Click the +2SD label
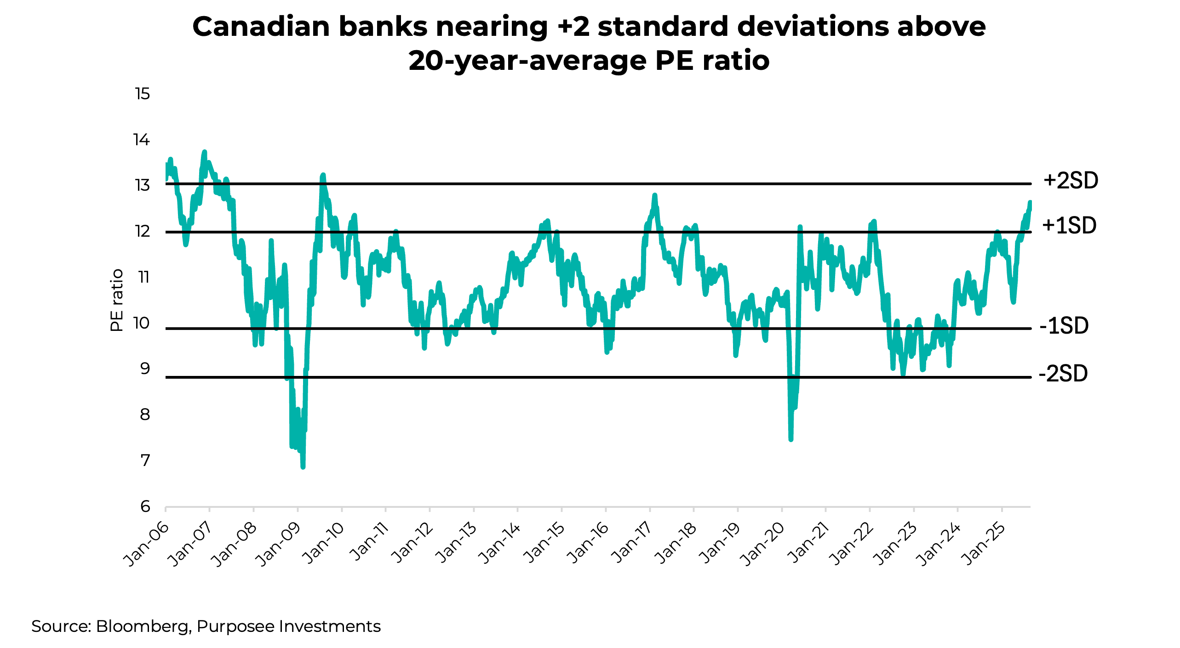pos(1071,181)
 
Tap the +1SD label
pos(1069,226)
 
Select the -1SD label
pos(1064,326)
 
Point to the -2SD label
pos(1063,374)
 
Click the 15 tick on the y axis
pos(142,94)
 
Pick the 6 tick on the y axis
pos(145,506)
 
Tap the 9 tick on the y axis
pos(145,369)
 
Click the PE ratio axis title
pos(117,300)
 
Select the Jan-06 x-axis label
pos(146,544)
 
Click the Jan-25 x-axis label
pos(984,544)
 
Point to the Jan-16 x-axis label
pos(587,544)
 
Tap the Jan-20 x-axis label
pos(763,544)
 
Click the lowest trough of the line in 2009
pos(303,466)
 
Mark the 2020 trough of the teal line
pos(790,439)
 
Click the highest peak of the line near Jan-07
pos(205,152)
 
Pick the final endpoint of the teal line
pos(1030,202)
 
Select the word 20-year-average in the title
pos(527,61)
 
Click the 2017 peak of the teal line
pos(654,195)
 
